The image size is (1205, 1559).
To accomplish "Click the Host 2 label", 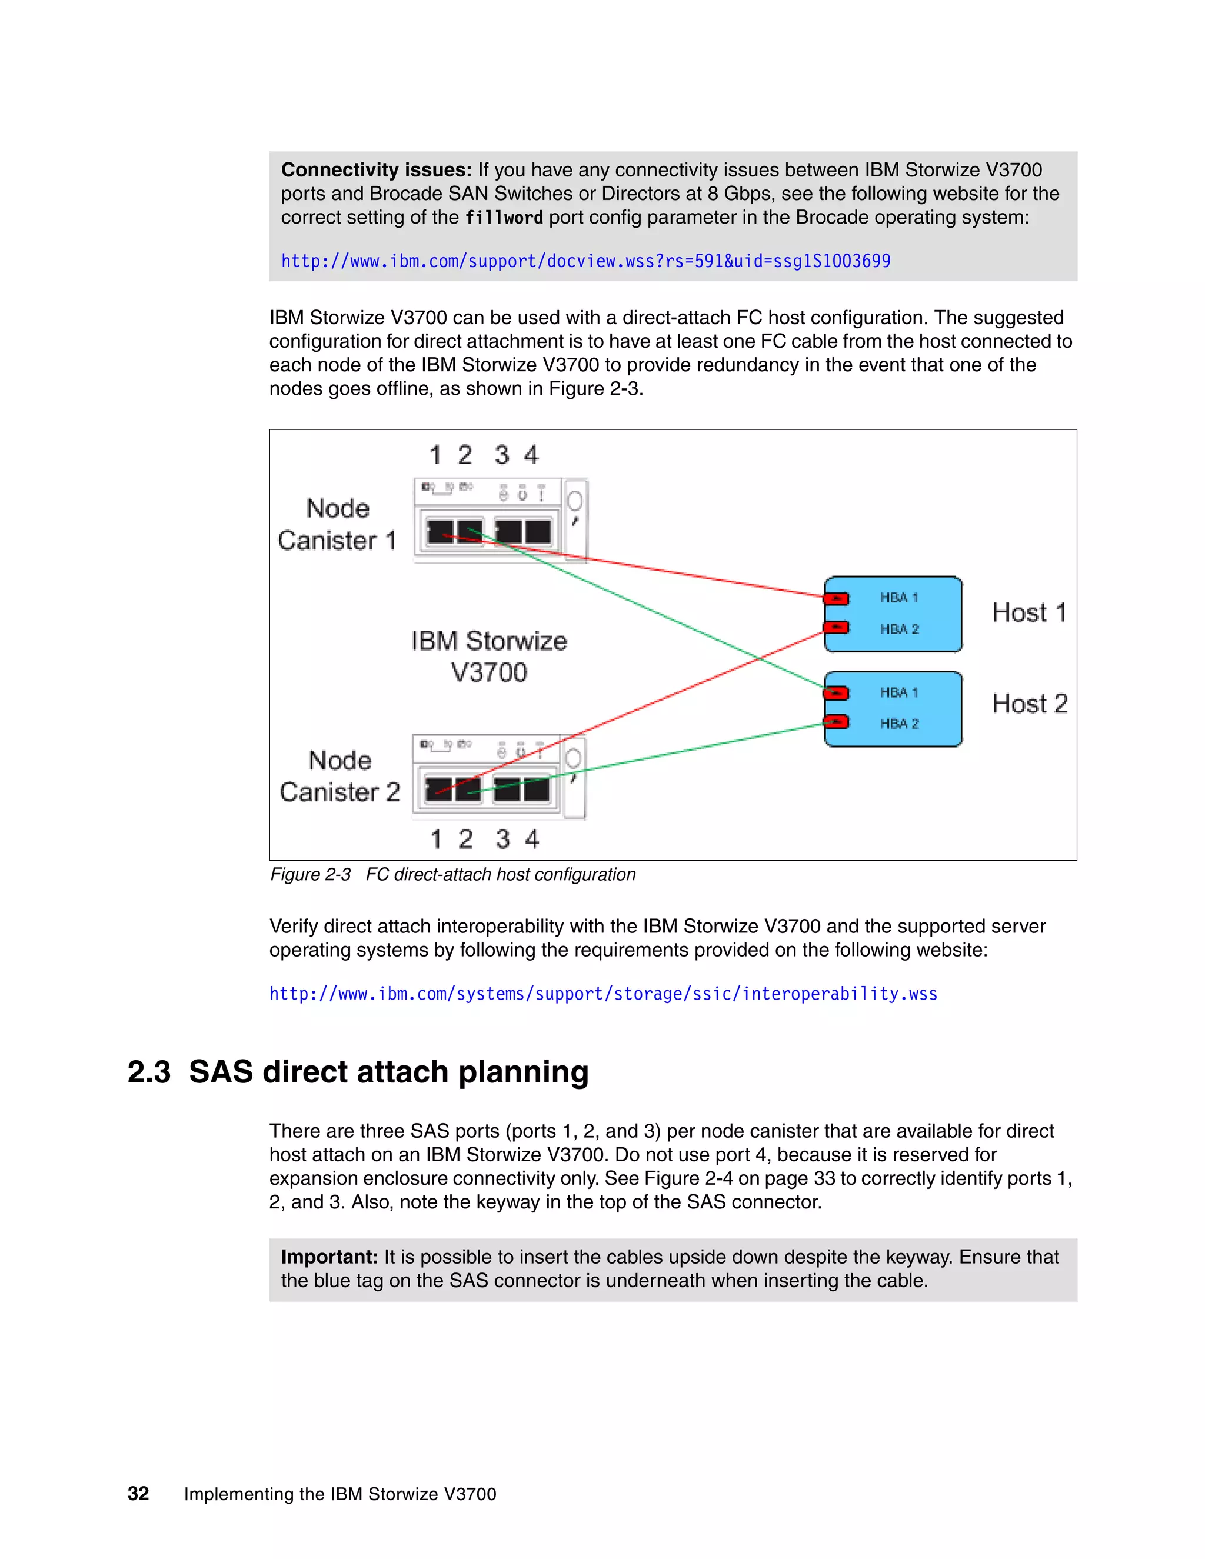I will click(1030, 704).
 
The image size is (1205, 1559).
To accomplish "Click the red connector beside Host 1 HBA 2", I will click(836, 628).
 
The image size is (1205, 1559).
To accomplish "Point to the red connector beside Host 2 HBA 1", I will click(836, 692).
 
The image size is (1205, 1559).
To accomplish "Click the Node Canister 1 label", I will click(337, 525).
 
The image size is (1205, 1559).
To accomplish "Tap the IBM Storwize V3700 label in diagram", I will click(489, 656).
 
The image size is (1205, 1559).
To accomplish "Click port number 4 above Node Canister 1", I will click(531, 455).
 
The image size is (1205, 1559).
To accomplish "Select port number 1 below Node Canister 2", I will click(435, 839).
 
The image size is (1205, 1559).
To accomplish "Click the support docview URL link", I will click(585, 261).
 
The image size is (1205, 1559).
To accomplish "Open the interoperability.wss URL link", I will click(602, 994).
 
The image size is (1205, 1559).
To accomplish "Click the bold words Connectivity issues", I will click(376, 170).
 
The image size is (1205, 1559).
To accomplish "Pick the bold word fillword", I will click(504, 218).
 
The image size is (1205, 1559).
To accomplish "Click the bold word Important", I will click(329, 1257).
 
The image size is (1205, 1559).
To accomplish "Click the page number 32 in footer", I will click(138, 1493).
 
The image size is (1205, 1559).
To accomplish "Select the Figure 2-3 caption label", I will click(311, 874).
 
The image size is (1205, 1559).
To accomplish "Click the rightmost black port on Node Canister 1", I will click(538, 532).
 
